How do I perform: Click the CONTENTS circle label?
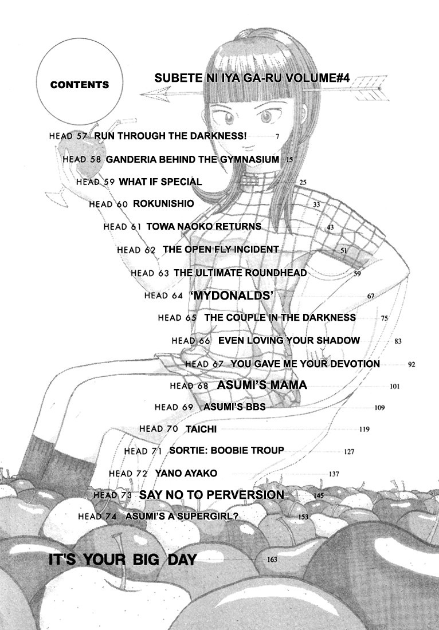click(x=79, y=85)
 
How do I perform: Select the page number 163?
click(x=272, y=560)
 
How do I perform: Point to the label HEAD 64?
click(x=163, y=296)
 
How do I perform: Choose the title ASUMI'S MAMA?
click(x=262, y=385)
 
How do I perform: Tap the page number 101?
click(x=394, y=387)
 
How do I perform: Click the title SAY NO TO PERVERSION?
click(x=211, y=494)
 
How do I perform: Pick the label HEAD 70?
click(x=151, y=428)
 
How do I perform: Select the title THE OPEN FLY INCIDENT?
click(x=221, y=250)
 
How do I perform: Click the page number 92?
click(x=411, y=364)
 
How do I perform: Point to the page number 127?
click(x=350, y=452)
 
